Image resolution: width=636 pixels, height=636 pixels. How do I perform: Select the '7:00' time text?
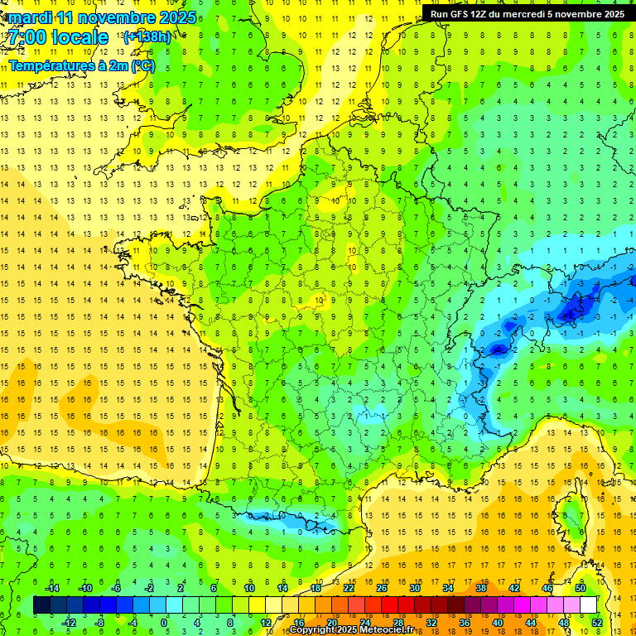pyautogui.click(x=31, y=37)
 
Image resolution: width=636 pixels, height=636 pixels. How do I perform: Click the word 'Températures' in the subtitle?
pyautogui.click(x=51, y=65)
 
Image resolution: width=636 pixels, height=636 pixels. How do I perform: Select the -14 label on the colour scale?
pyautogui.click(x=51, y=588)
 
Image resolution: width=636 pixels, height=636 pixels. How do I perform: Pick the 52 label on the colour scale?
pyautogui.click(x=598, y=622)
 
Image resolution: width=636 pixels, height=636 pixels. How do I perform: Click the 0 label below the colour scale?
pyautogui.click(x=164, y=622)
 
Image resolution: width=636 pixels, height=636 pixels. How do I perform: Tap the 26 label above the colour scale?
pyautogui.click(x=382, y=588)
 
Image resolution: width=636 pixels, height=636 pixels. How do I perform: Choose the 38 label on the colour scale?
pyautogui.click(x=481, y=588)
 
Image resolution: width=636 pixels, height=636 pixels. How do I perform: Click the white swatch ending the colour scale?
pyautogui.click(x=589, y=605)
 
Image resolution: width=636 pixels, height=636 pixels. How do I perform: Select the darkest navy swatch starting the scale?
pyautogui.click(x=42, y=605)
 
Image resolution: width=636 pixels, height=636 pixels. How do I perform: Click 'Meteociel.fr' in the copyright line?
pyautogui.click(x=386, y=630)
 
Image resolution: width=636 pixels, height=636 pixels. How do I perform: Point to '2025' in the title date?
pyautogui.click(x=177, y=17)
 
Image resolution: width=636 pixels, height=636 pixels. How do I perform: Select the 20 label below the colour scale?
pyautogui.click(x=332, y=622)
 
